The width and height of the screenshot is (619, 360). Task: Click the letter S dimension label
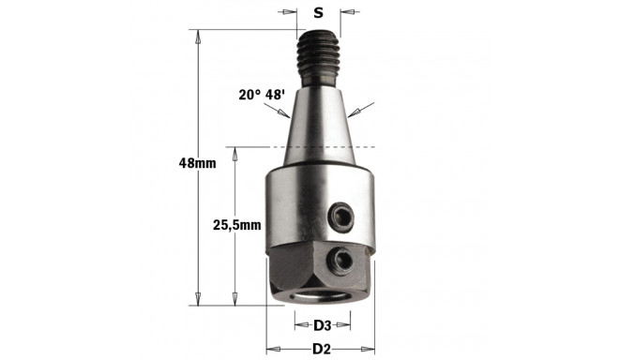(319, 12)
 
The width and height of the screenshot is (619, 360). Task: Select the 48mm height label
(197, 162)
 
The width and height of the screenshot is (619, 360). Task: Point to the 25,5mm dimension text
(234, 226)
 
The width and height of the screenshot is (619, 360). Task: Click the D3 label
(321, 325)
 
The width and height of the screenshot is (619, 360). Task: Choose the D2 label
(321, 349)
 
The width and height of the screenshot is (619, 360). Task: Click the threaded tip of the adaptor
(319, 56)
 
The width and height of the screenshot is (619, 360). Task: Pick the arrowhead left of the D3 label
(298, 325)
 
